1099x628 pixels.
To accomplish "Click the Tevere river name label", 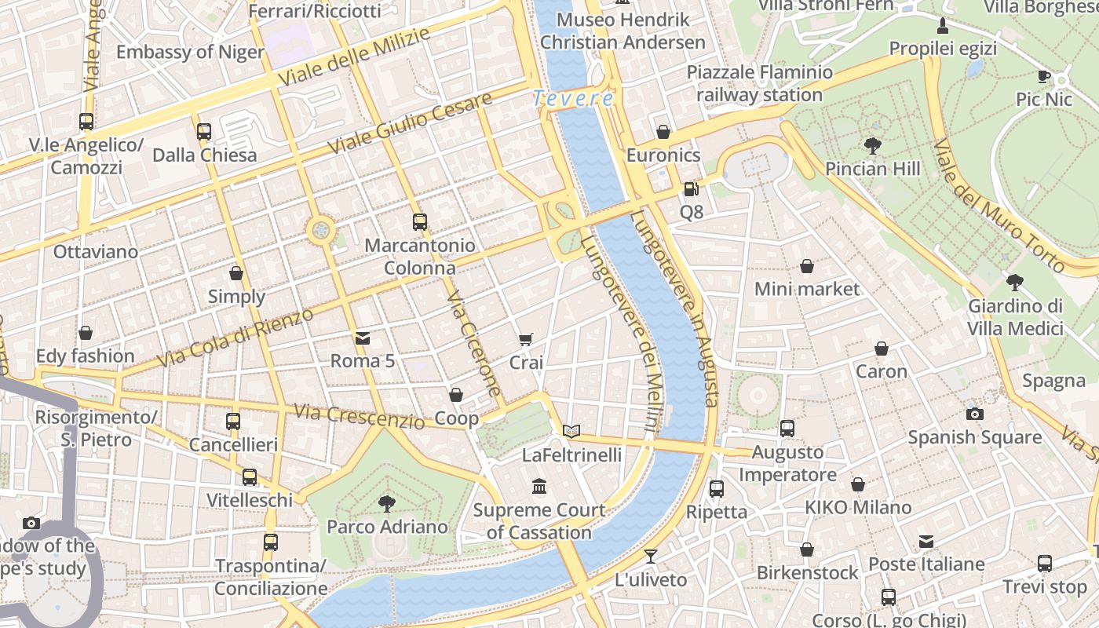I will pyautogui.click(x=573, y=99).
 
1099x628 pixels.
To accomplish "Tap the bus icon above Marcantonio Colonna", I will pyautogui.click(x=420, y=222).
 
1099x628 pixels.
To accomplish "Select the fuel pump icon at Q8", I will pyautogui.click(x=691, y=189).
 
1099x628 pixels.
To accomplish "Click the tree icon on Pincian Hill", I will pyautogui.click(x=872, y=145).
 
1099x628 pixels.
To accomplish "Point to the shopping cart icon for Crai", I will pyautogui.click(x=526, y=340).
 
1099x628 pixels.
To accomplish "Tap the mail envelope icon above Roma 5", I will pyautogui.click(x=363, y=338).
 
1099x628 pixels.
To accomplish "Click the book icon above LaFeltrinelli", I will pyautogui.click(x=571, y=431).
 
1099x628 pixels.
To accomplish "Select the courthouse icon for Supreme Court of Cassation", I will pyautogui.click(x=539, y=487).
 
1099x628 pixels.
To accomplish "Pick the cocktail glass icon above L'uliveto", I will pyautogui.click(x=651, y=557).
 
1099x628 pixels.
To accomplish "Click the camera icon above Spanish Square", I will pyautogui.click(x=974, y=414).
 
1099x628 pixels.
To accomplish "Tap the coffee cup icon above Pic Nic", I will pyautogui.click(x=1043, y=76).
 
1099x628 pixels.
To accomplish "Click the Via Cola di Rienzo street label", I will pyautogui.click(x=235, y=338).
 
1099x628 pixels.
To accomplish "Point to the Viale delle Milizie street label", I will pyautogui.click(x=354, y=57).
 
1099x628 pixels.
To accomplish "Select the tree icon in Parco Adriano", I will pyautogui.click(x=387, y=503).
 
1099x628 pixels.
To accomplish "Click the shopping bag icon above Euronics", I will pyautogui.click(x=663, y=132).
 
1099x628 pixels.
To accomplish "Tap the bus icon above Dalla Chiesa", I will pyautogui.click(x=204, y=131).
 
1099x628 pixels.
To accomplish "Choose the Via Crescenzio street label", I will pyautogui.click(x=359, y=416).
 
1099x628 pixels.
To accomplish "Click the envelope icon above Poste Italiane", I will pyautogui.click(x=926, y=541).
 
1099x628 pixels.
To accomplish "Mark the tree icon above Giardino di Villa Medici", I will pyautogui.click(x=1015, y=283).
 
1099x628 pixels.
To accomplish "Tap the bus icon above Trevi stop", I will pyautogui.click(x=1045, y=563).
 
